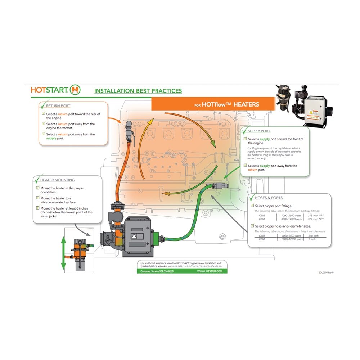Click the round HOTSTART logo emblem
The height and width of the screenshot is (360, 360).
click(76, 90)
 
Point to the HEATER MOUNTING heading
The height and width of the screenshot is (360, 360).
click(58, 180)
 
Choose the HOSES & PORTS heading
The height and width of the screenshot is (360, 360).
click(269, 198)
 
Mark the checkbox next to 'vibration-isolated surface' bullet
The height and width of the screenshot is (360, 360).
click(38, 198)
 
